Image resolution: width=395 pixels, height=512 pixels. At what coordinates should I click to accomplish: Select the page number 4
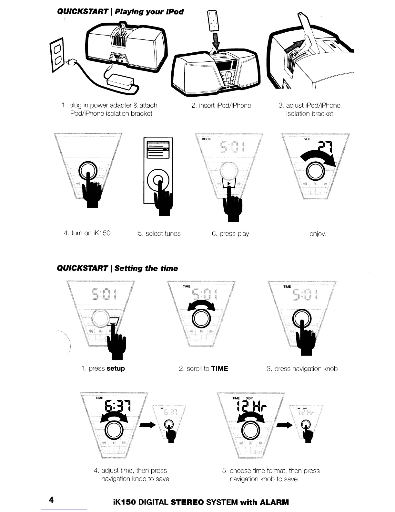pyautogui.click(x=51, y=500)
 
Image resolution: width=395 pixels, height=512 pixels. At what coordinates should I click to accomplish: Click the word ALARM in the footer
pyautogui.click(x=274, y=502)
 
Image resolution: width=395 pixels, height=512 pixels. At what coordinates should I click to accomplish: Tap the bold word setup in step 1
pyautogui.click(x=116, y=368)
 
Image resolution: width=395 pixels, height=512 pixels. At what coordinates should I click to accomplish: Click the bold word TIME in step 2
pyautogui.click(x=219, y=368)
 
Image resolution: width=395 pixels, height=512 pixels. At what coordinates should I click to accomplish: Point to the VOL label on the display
pyautogui.click(x=307, y=139)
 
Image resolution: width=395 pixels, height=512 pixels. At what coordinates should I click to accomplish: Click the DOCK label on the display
pyautogui.click(x=206, y=139)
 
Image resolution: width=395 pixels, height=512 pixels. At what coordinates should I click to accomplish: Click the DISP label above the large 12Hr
pyautogui.click(x=249, y=398)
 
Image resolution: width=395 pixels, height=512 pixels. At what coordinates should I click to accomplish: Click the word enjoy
pyautogui.click(x=318, y=234)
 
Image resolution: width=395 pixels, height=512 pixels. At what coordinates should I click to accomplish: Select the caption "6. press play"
pyautogui.click(x=230, y=234)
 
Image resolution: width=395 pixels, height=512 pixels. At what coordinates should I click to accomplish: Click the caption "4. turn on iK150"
pyautogui.click(x=87, y=233)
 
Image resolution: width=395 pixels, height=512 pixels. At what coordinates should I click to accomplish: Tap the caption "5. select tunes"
pyautogui.click(x=159, y=234)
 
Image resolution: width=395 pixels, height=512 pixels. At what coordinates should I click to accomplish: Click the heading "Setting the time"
pyautogui.click(x=146, y=269)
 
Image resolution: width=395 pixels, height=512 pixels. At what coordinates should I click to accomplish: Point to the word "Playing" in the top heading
pyautogui.click(x=125, y=12)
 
